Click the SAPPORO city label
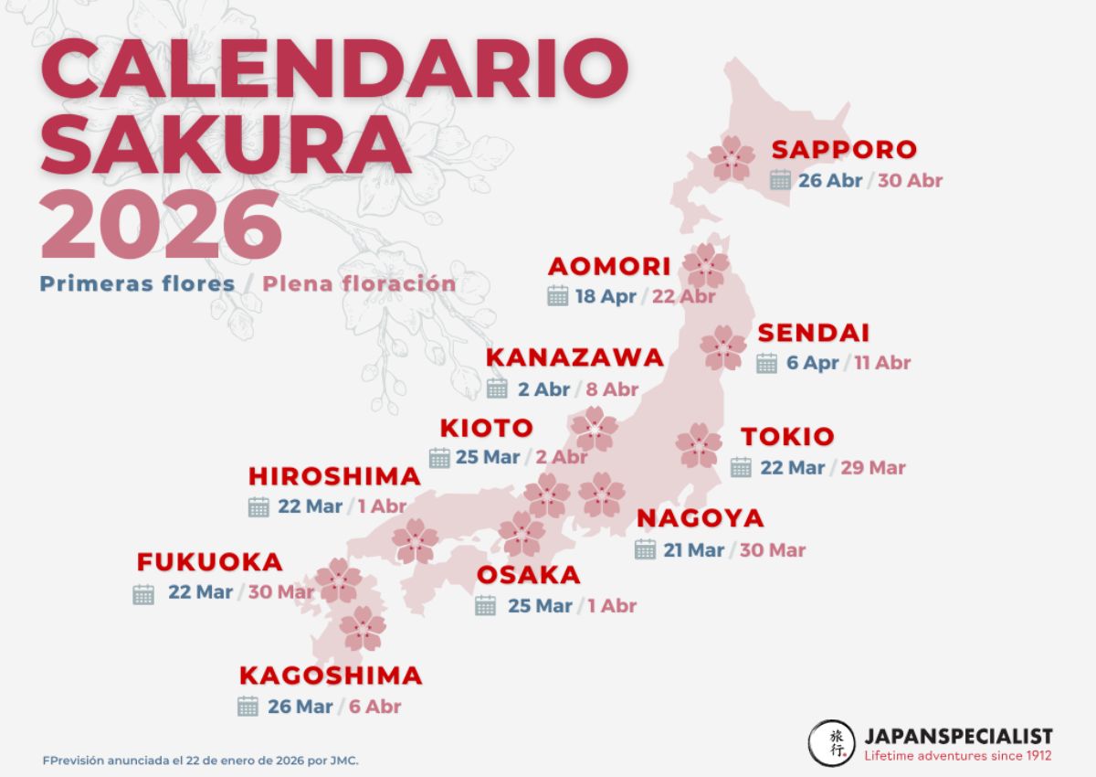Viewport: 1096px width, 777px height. pyautogui.click(x=843, y=149)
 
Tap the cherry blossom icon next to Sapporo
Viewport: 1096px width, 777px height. pyautogui.click(x=732, y=158)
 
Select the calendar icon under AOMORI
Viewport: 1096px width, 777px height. pyautogui.click(x=558, y=295)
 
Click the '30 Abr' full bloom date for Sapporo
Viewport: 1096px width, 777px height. pyautogui.click(x=910, y=180)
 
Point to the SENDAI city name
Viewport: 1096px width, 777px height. pyautogui.click(x=813, y=333)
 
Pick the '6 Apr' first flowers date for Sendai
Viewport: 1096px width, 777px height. pyautogui.click(x=812, y=363)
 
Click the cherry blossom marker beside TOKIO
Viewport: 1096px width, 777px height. pyautogui.click(x=699, y=445)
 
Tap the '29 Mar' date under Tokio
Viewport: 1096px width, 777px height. pyautogui.click(x=873, y=467)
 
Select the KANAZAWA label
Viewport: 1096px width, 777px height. pyautogui.click(x=574, y=357)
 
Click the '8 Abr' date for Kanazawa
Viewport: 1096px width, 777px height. pyautogui.click(x=612, y=388)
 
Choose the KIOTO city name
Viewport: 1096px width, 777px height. pyautogui.click(x=486, y=427)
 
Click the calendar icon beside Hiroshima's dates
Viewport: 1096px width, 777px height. pyautogui.click(x=258, y=506)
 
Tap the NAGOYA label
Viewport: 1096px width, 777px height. pyautogui.click(x=700, y=518)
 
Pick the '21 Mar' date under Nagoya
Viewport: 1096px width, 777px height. pyautogui.click(x=693, y=549)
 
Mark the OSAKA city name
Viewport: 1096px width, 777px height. pyautogui.click(x=529, y=575)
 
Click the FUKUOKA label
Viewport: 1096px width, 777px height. pyautogui.click(x=209, y=562)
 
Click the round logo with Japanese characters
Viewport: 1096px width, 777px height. pyautogui.click(x=831, y=743)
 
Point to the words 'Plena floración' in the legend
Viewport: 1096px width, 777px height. pyautogui.click(x=359, y=283)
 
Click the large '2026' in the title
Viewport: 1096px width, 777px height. pyautogui.click(x=161, y=225)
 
